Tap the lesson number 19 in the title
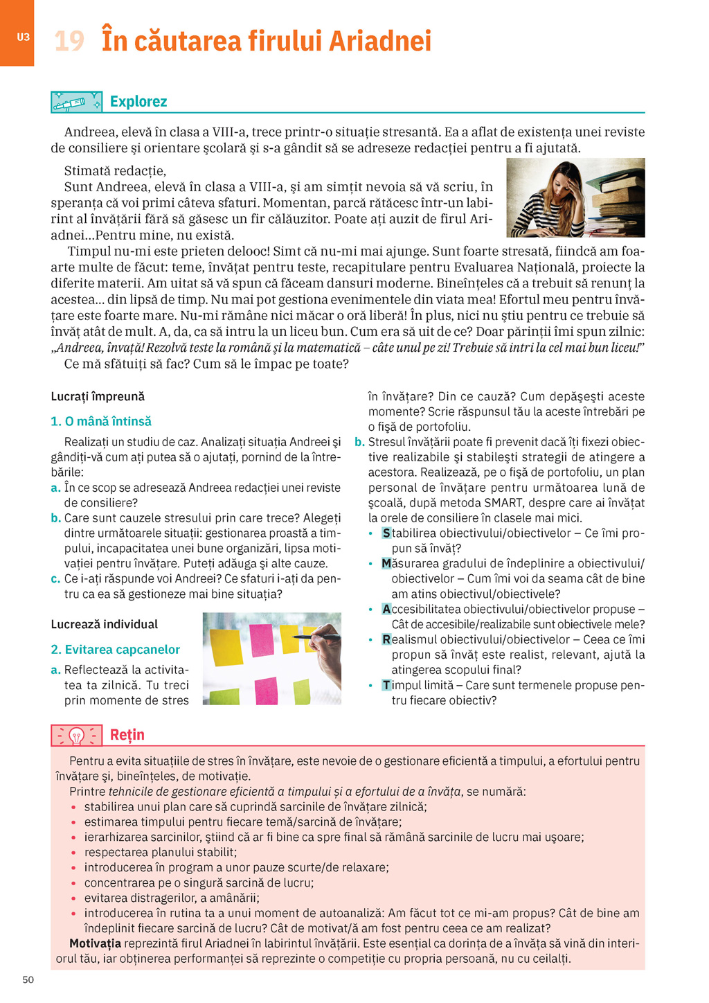coord(69,41)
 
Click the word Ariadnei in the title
coord(379,41)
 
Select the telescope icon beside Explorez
coord(76,102)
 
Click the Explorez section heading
coord(138,102)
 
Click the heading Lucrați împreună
coord(98,396)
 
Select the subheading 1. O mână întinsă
coord(101,421)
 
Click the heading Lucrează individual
coord(105,624)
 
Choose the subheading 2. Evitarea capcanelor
coord(115,649)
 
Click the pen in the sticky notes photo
coord(316,636)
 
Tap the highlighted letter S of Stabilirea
coord(386,533)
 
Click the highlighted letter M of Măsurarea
coord(387,564)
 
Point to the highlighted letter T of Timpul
coord(386,685)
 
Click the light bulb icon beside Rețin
coord(76,735)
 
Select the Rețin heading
coord(127,734)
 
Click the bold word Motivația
coord(95,943)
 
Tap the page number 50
coord(28,979)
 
